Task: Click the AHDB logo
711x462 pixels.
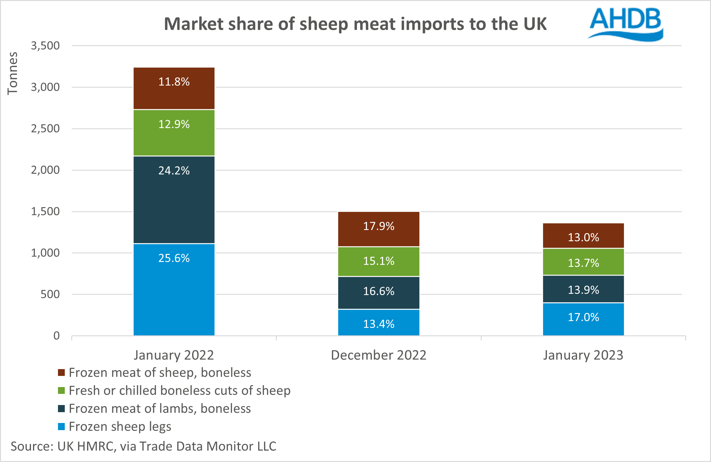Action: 625,24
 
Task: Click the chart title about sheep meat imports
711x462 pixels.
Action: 355,24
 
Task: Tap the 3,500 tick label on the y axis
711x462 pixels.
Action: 45,46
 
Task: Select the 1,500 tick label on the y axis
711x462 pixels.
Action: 45,211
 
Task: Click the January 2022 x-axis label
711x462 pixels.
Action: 174,355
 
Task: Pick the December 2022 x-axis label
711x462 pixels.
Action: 378,355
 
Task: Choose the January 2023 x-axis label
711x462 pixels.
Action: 583,355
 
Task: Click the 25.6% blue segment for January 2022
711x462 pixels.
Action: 174,290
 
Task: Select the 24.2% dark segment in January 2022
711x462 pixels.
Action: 174,200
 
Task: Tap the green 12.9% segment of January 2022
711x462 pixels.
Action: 174,133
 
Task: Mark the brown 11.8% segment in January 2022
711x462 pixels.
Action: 174,88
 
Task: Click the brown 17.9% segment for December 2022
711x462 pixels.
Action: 378,229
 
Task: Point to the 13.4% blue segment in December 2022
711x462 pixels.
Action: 378,322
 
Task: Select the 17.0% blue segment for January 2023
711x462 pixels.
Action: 583,319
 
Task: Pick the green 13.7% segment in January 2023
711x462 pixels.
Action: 583,262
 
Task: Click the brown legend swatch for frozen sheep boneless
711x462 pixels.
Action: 61,373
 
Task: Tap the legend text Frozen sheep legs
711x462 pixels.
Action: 120,427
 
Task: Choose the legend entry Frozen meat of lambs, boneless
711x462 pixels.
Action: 160,409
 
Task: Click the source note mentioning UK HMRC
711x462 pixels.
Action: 144,446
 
